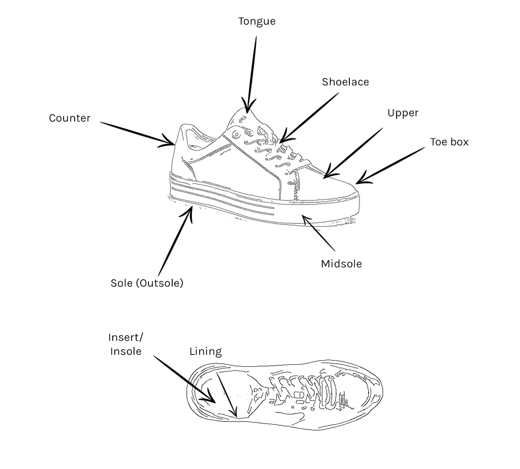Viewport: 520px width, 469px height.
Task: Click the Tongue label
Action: (x=256, y=21)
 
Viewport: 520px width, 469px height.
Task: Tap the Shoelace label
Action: (x=345, y=82)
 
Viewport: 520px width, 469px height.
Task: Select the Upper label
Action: (x=403, y=113)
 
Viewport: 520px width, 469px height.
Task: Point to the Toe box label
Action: (x=449, y=142)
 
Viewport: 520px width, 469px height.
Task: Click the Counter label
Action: (x=70, y=118)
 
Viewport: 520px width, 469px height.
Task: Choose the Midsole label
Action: (x=341, y=264)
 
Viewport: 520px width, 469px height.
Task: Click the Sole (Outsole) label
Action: (x=147, y=283)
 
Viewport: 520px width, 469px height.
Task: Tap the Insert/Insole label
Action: (x=126, y=344)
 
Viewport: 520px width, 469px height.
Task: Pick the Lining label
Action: (x=206, y=351)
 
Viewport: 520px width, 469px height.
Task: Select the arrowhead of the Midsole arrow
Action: (x=304, y=218)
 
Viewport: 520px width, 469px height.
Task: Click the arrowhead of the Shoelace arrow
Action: (x=282, y=140)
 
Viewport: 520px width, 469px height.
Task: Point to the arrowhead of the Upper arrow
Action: (x=326, y=177)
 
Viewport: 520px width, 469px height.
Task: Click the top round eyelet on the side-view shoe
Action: (x=237, y=134)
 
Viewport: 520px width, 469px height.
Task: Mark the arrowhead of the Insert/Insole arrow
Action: (x=212, y=401)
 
